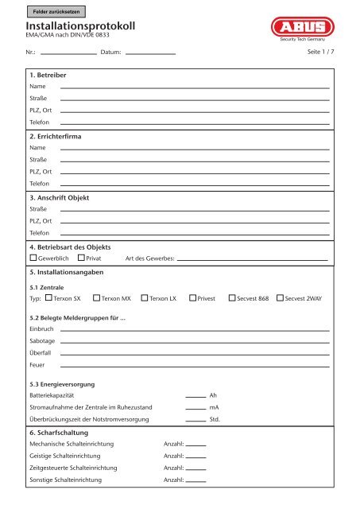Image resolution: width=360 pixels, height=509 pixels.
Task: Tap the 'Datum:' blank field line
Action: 151,53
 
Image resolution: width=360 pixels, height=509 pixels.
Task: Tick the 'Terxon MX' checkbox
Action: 96,298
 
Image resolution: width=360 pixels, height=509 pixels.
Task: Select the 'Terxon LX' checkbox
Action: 144,298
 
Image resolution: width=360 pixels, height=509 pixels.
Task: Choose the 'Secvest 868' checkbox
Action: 231,298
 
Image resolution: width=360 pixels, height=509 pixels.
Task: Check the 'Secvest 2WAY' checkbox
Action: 280,298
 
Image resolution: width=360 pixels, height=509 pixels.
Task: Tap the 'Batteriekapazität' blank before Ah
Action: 195,395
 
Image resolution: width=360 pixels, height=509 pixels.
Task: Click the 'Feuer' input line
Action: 195,366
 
